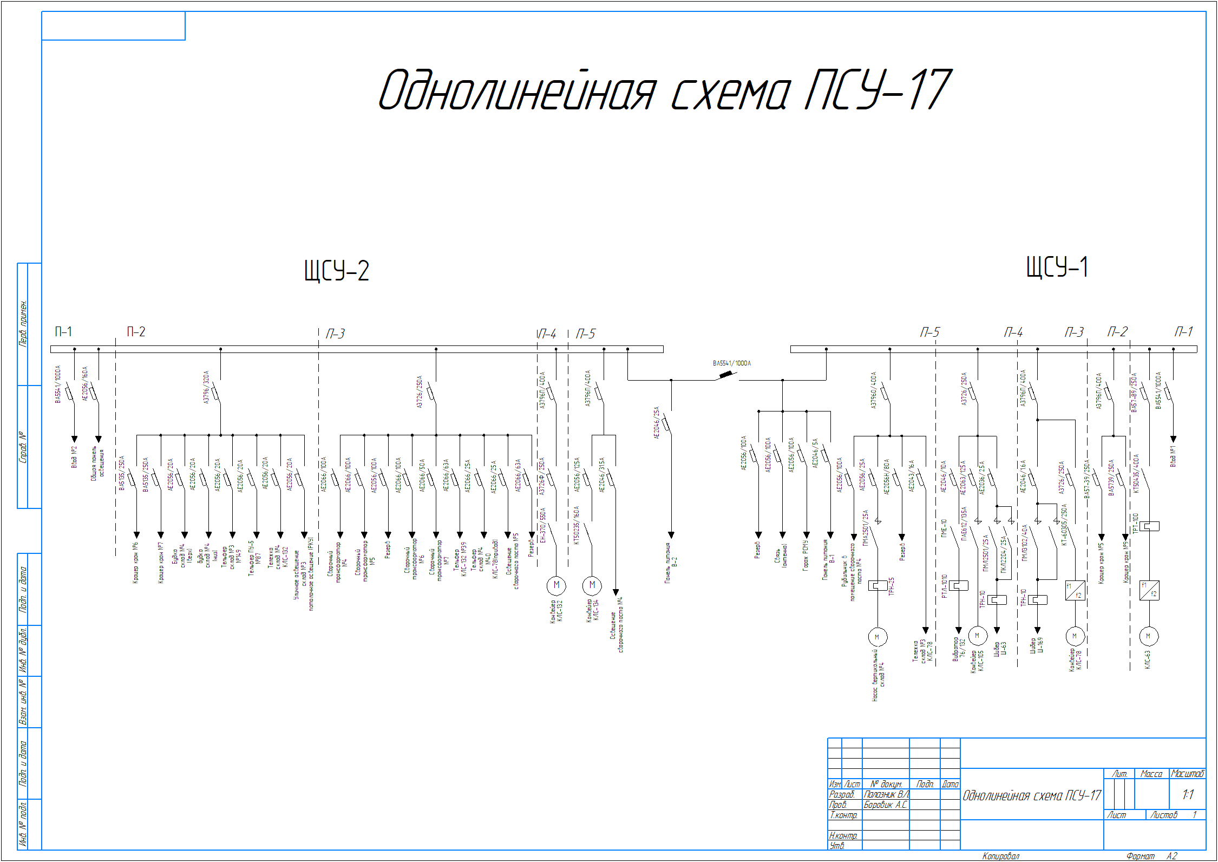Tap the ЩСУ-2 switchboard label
coord(336,270)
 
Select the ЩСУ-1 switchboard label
coord(1057,267)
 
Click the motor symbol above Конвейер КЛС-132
coord(556,585)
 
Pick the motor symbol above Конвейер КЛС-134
coord(592,585)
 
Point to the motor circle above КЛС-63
coord(1148,636)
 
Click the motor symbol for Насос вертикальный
coord(877,637)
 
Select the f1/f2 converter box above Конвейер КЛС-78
coord(1075,590)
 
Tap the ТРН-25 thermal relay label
coord(892,586)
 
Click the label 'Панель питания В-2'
coord(671,563)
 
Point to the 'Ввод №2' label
coord(74,456)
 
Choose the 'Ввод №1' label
coord(1173,456)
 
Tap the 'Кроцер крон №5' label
coord(1101,564)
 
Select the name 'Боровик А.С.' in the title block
coord(885,805)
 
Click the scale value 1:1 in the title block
coord(1188,794)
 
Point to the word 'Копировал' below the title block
coord(1000,856)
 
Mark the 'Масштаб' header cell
coord(1187,774)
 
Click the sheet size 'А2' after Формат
coord(1171,856)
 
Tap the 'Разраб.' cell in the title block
coord(842,794)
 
